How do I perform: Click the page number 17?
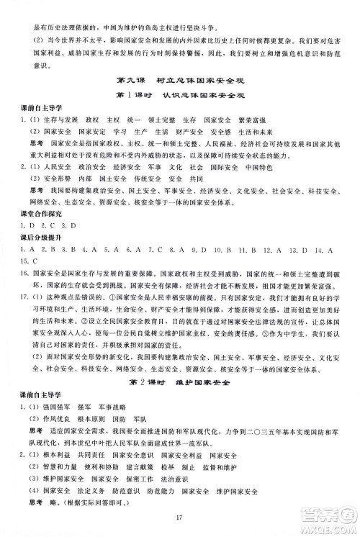[x=179, y=515]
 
